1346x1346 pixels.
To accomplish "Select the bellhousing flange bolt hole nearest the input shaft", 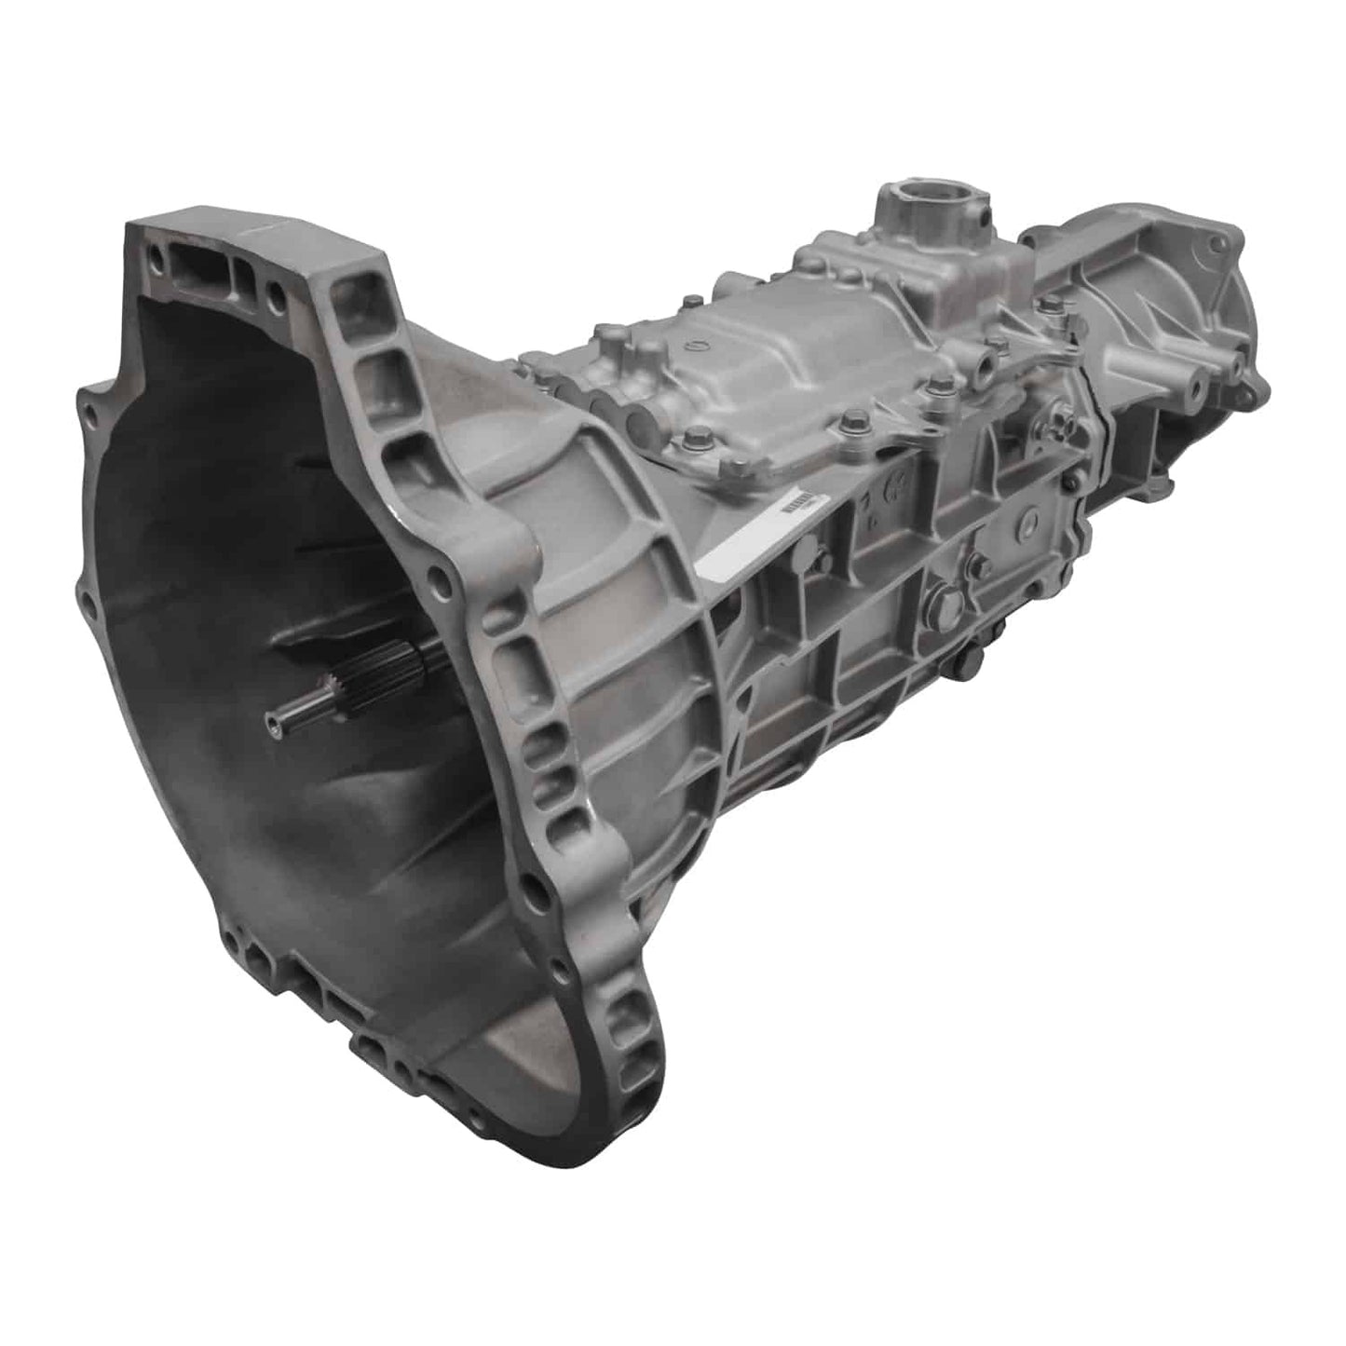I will [x=440, y=586].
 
